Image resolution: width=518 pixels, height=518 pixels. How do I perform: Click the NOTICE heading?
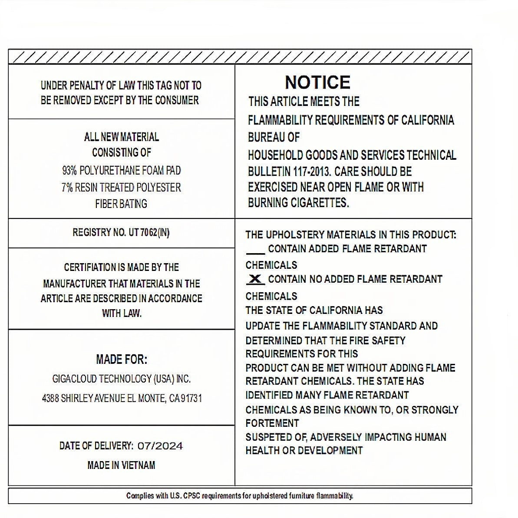pyautogui.click(x=317, y=82)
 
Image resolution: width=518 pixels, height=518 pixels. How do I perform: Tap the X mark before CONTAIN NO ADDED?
pyautogui.click(x=256, y=279)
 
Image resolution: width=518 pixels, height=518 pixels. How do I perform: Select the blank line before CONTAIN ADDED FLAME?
pyautogui.click(x=255, y=252)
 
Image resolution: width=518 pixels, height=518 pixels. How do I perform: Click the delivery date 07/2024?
pyautogui.click(x=160, y=446)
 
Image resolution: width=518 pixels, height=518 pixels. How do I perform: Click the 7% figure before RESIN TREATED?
pyautogui.click(x=67, y=188)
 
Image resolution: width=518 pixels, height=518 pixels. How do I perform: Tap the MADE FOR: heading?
pyautogui.click(x=122, y=360)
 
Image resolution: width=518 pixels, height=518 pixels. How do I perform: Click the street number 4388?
pyautogui.click(x=50, y=398)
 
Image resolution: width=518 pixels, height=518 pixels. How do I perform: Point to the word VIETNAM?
pyautogui.click(x=138, y=465)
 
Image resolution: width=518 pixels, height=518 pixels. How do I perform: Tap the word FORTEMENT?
pyautogui.click(x=272, y=423)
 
